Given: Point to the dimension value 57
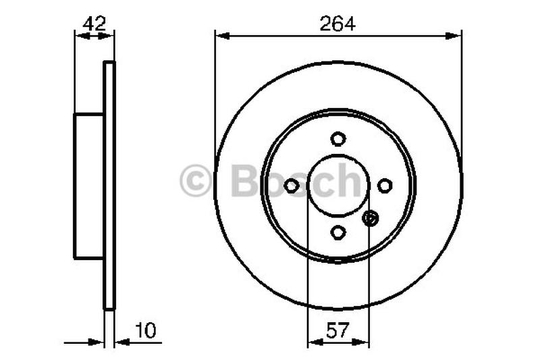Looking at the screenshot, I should [x=337, y=330].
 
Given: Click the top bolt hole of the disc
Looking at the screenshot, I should [x=338, y=138].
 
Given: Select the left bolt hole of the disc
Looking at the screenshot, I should [x=292, y=185].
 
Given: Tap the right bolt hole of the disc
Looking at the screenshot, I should [x=385, y=185].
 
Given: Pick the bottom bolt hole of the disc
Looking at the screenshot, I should [x=338, y=232].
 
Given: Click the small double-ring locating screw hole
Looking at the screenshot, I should [x=371, y=218].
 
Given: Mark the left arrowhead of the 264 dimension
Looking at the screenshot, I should [x=221, y=33].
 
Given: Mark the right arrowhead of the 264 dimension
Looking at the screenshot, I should [x=456, y=33].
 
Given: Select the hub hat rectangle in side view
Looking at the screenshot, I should [x=88, y=186].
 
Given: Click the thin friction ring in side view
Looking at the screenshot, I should [x=109, y=186].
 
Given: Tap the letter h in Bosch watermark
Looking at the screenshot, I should [x=350, y=181].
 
